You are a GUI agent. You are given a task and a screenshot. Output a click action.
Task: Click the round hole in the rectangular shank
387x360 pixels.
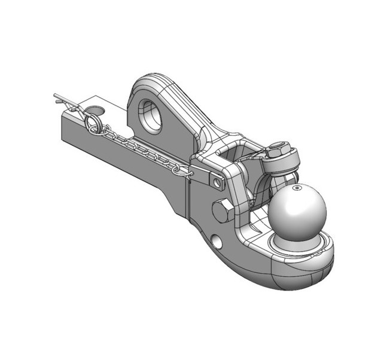tap(94, 111)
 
